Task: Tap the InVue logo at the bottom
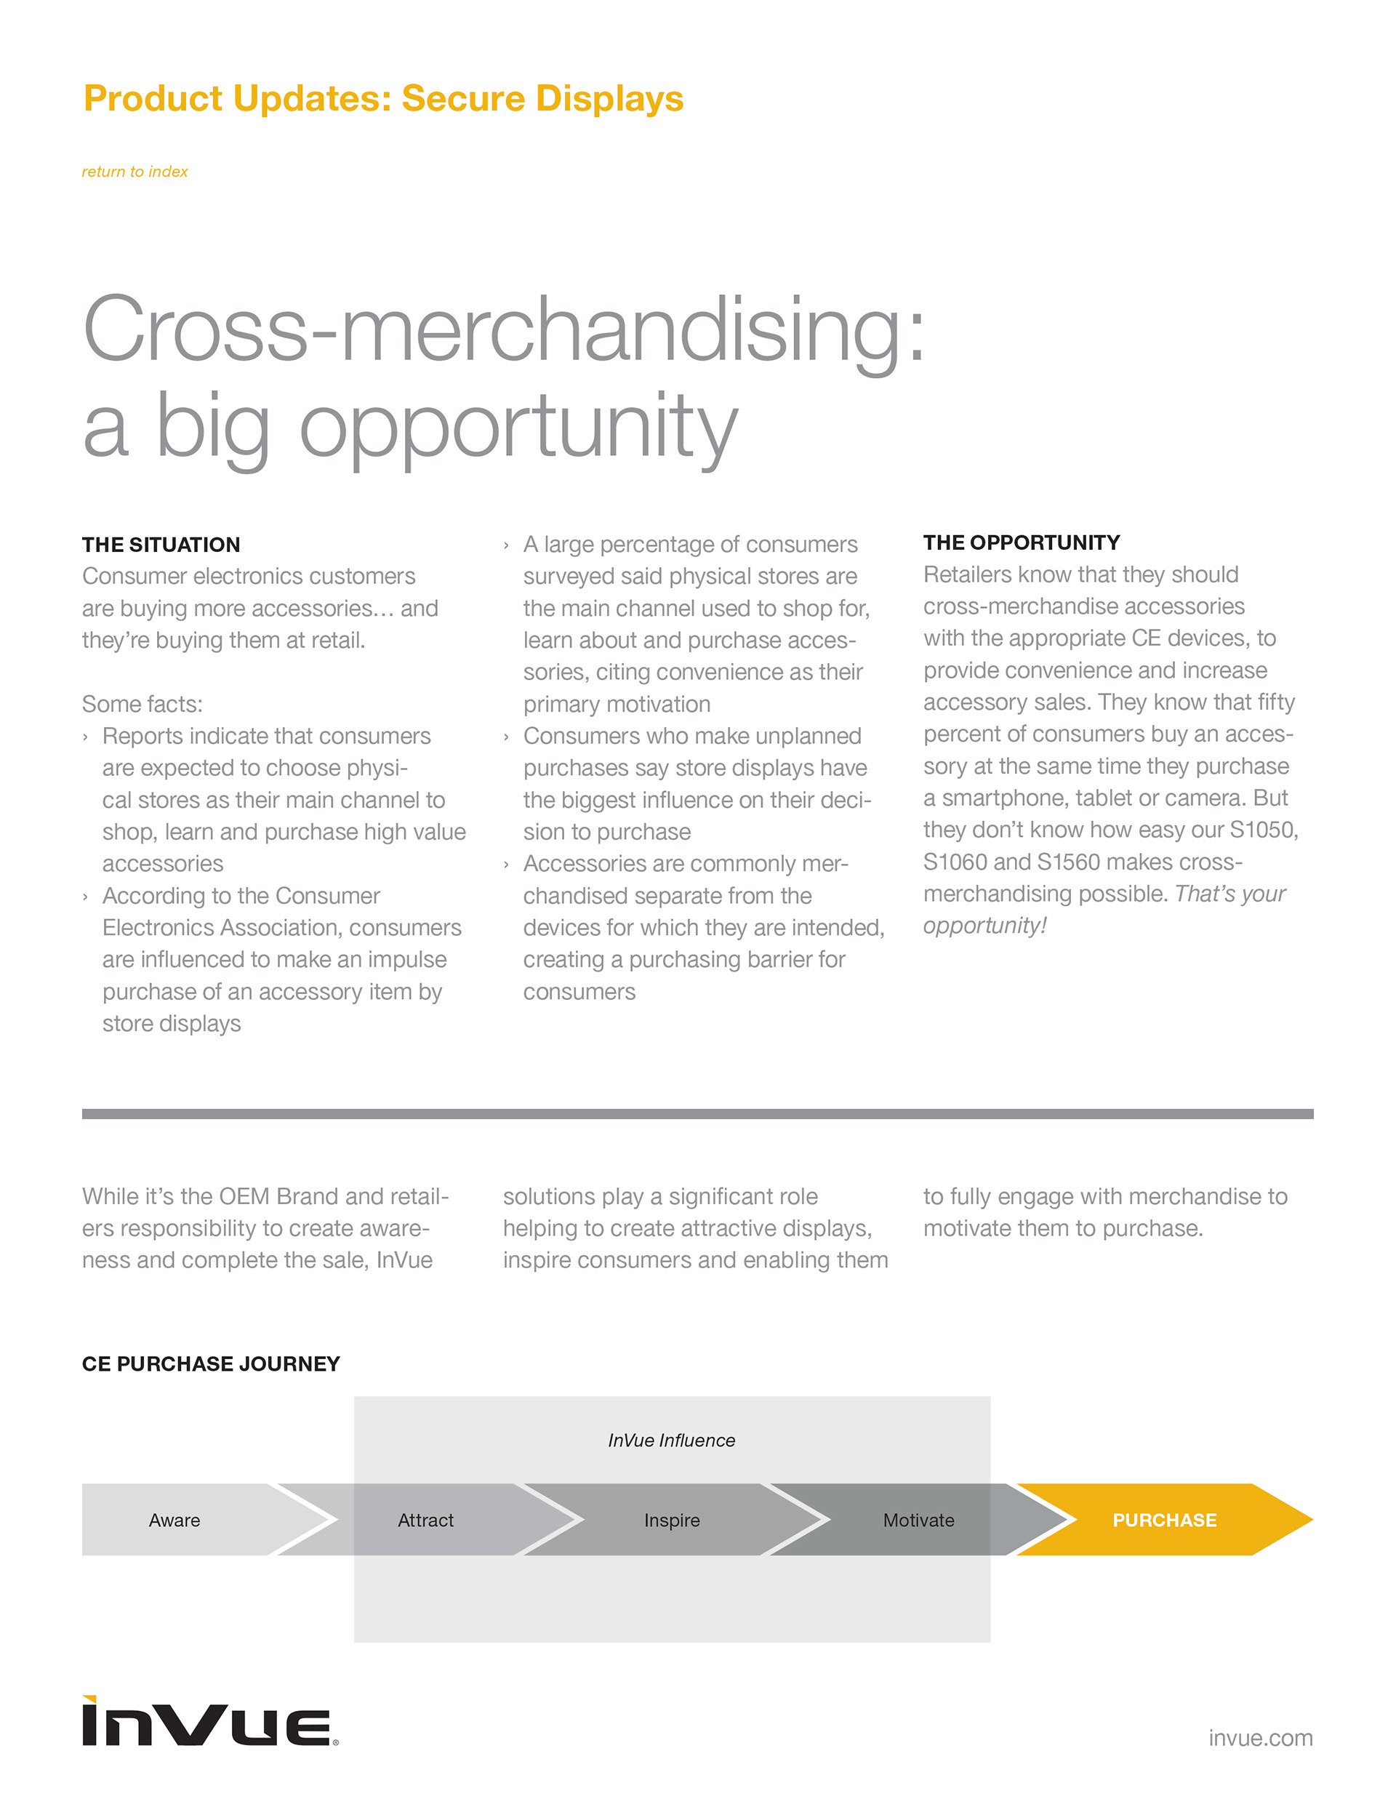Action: (x=209, y=1722)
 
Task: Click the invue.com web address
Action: (x=1259, y=1737)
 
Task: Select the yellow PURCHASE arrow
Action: (x=1163, y=1520)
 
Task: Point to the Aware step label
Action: (x=174, y=1520)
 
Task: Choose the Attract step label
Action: (x=425, y=1520)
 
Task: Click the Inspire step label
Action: (x=671, y=1520)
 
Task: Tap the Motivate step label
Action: (x=918, y=1520)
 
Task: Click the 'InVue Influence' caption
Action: (x=671, y=1441)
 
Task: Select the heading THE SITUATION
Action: (x=161, y=545)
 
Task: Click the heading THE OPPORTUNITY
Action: (x=1021, y=542)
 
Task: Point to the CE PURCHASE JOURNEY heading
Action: (x=211, y=1363)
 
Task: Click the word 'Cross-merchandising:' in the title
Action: (x=503, y=331)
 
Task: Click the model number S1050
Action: (x=1263, y=830)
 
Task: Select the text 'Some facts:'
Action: (x=143, y=704)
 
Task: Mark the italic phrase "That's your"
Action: (x=1229, y=894)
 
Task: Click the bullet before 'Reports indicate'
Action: (x=85, y=737)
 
